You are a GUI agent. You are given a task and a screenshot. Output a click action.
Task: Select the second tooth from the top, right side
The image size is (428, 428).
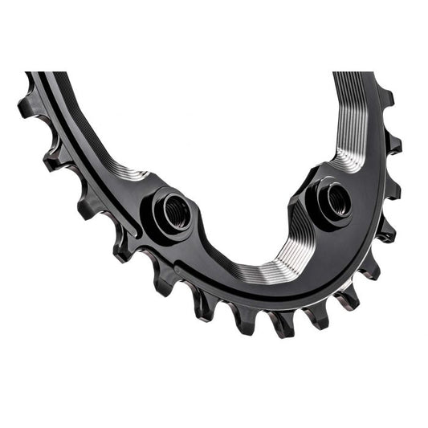tap(393, 144)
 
